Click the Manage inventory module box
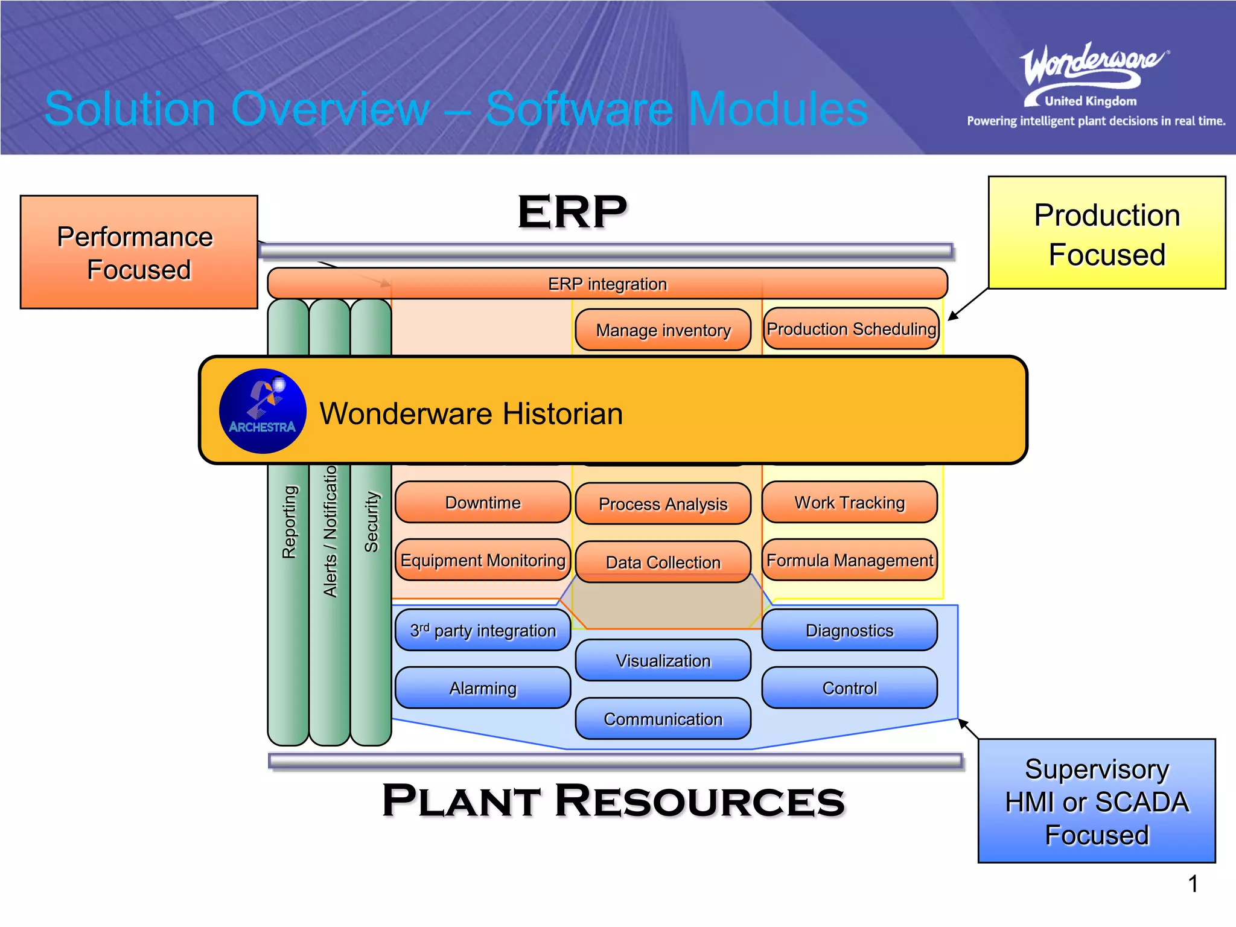pos(663,330)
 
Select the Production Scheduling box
pos(851,328)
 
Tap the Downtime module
pos(483,502)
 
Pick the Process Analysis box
pos(663,503)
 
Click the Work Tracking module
pos(849,502)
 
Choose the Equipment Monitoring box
pos(483,560)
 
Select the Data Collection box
pos(663,562)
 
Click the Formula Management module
pos(849,560)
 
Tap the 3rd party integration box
pos(483,630)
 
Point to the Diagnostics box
pos(849,630)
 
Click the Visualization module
pos(663,660)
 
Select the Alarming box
pos(483,688)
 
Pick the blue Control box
pos(849,688)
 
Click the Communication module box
pos(663,719)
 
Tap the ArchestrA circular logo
pos(263,411)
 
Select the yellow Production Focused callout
pos(1107,233)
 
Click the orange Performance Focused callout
pos(139,252)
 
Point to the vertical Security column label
pos(371,522)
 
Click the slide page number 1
pos(1193,884)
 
